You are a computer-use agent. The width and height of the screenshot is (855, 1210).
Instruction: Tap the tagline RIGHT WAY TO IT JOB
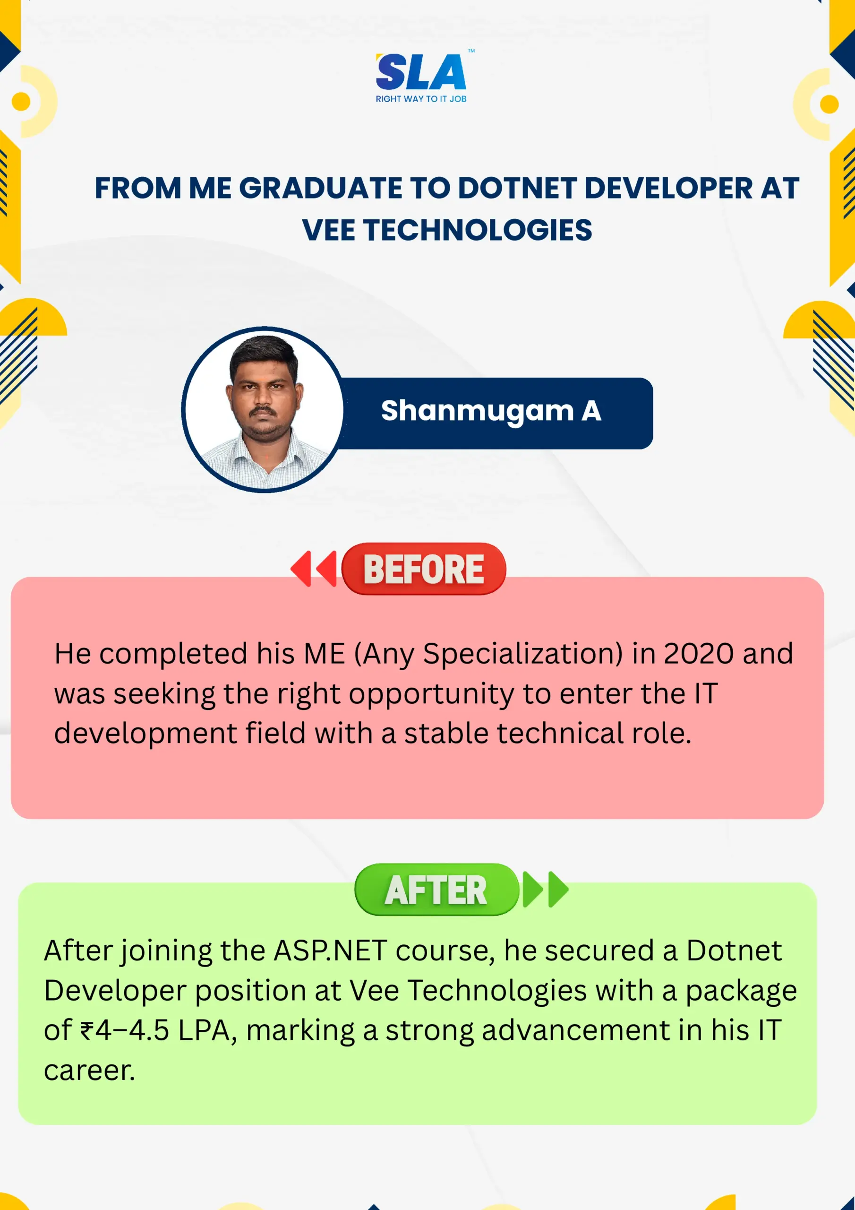click(421, 99)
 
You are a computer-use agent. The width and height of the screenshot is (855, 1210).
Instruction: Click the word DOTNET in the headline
click(515, 188)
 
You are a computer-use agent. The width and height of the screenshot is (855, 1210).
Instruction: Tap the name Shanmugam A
click(491, 411)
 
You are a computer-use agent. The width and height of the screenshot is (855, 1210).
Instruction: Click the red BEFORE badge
click(424, 569)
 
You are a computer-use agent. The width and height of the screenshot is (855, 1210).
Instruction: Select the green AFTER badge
click(437, 890)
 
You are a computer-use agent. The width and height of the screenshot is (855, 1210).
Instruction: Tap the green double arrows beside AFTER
click(545, 890)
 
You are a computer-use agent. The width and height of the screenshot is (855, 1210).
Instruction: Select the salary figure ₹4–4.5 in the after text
click(125, 1031)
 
